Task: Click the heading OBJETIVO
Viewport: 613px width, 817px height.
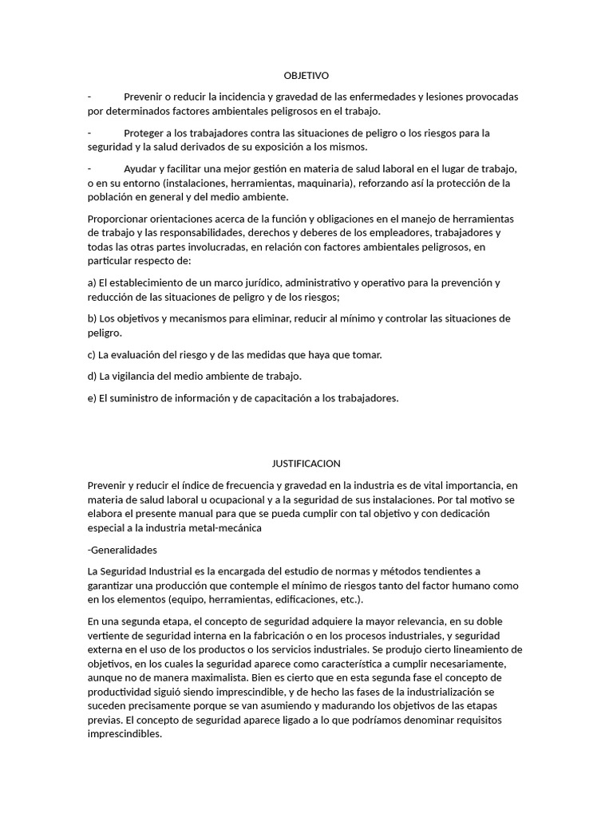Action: pos(306,75)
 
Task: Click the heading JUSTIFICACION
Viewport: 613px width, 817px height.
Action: pos(306,463)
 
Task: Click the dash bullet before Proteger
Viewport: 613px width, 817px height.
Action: pos(89,132)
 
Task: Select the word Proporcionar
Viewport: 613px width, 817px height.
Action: pos(120,219)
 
